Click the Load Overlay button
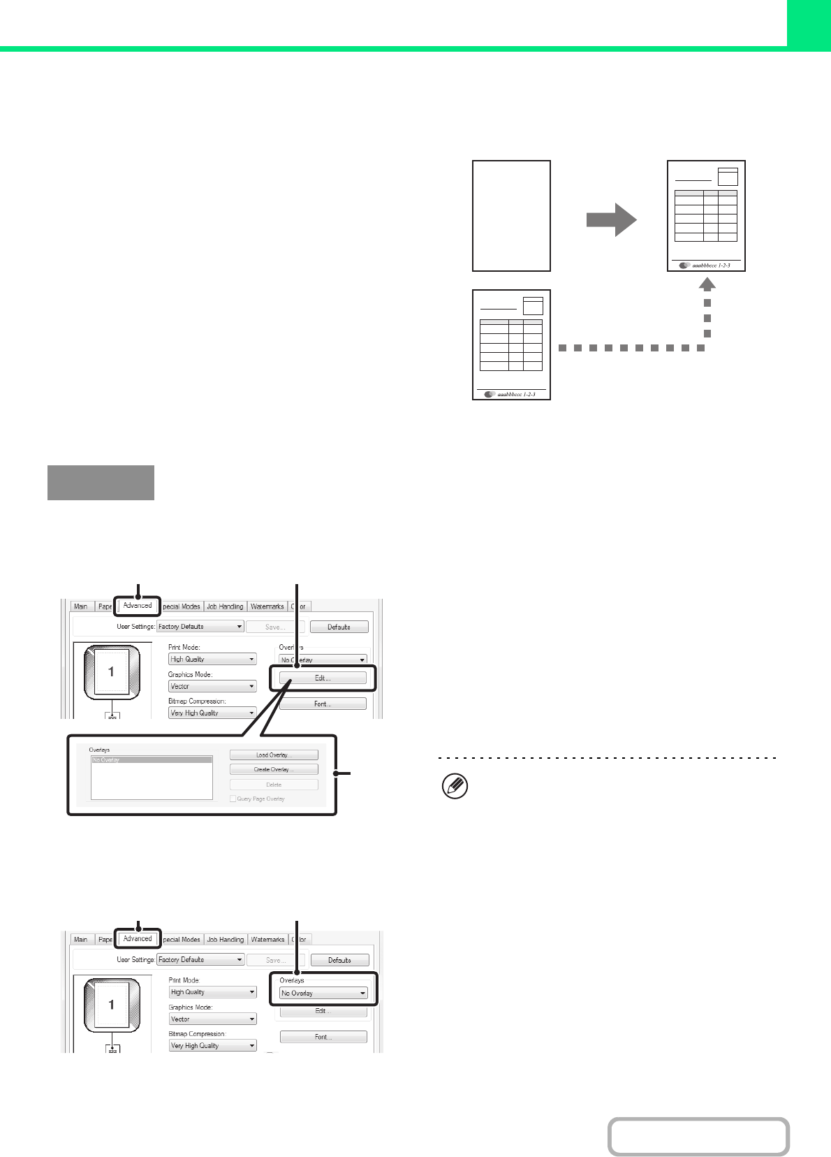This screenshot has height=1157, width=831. click(x=274, y=755)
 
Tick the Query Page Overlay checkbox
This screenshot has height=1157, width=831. click(x=233, y=799)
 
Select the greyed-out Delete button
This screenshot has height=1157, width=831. click(x=274, y=785)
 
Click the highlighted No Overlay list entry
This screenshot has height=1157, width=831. click(x=152, y=760)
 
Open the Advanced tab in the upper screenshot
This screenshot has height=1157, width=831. click(x=138, y=606)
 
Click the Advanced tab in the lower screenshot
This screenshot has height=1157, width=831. click(x=138, y=938)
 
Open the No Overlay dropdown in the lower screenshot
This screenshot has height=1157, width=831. click(x=324, y=993)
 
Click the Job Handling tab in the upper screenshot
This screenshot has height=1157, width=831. click(x=225, y=606)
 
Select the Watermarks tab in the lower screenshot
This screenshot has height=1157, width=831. click(x=267, y=940)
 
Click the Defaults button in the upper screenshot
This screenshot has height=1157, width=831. click(x=339, y=627)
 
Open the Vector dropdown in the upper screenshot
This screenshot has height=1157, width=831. click(x=212, y=686)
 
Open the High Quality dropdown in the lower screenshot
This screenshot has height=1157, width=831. click(x=213, y=992)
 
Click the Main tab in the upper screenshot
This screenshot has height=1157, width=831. click(x=81, y=606)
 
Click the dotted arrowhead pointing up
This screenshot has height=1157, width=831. click(x=707, y=283)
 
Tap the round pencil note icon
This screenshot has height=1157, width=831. click(x=455, y=787)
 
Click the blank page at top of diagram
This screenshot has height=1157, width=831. click(x=511, y=216)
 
